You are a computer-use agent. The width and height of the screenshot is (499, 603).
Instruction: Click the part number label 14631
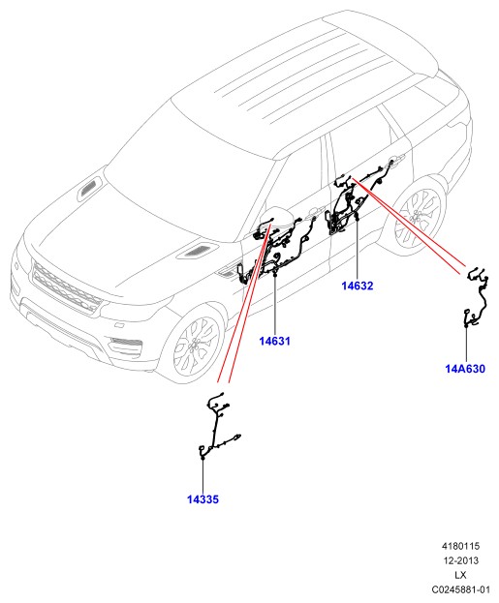tap(274, 341)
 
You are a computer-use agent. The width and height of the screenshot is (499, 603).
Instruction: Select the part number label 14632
tap(358, 286)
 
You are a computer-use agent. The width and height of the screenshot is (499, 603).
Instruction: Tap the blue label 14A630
tap(465, 369)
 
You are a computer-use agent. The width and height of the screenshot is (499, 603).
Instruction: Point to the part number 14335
tap(203, 499)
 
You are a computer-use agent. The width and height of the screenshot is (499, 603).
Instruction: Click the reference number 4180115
tap(460, 546)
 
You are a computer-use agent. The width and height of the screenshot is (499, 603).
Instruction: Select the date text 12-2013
tap(460, 560)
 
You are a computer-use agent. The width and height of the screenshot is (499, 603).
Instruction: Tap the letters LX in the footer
tap(460, 575)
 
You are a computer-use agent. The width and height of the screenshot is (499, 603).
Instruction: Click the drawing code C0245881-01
tap(460, 589)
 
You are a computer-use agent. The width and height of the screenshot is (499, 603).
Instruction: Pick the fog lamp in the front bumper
tap(124, 343)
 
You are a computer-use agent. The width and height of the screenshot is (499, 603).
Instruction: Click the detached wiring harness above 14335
tap(221, 426)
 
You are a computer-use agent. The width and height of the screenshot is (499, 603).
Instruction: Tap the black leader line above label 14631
tap(275, 305)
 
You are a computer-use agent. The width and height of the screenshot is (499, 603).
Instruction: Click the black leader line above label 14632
tap(357, 248)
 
